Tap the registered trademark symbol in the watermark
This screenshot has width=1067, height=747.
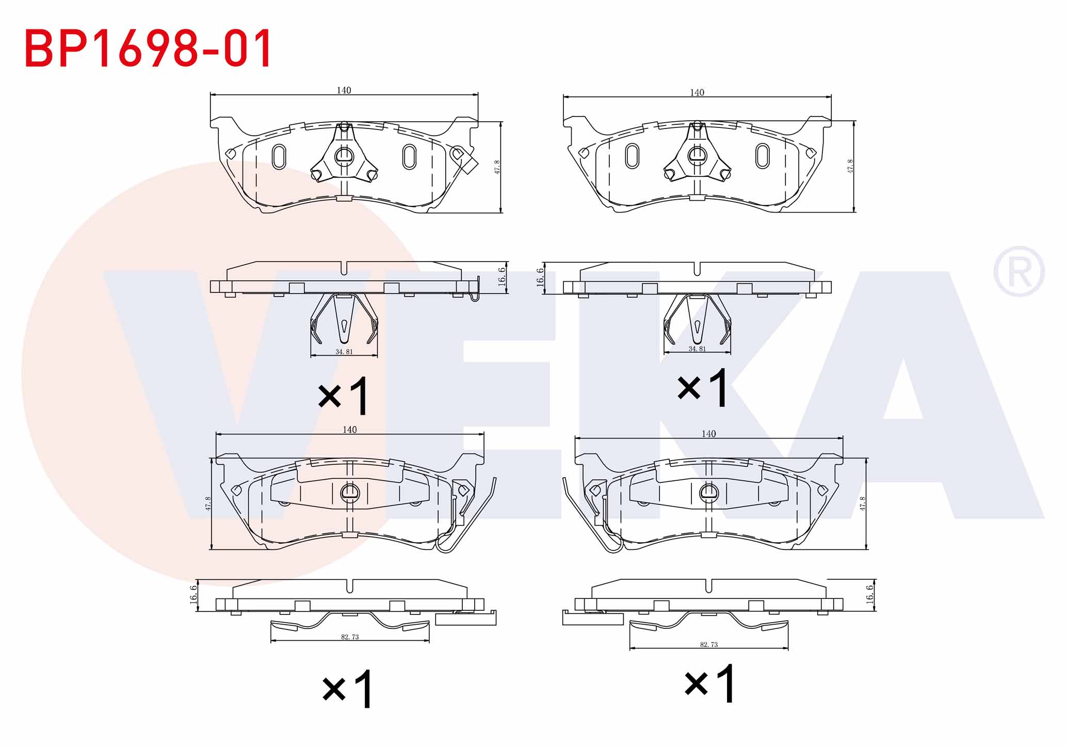click(1019, 271)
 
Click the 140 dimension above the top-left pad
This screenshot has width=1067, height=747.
click(344, 90)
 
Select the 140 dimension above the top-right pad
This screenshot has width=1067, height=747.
click(697, 92)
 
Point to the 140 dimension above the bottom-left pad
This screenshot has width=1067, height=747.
click(349, 430)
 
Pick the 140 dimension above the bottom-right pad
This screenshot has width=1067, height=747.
click(708, 434)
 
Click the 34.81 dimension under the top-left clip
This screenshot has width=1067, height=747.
click(344, 352)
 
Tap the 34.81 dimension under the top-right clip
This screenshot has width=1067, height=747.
click(697, 349)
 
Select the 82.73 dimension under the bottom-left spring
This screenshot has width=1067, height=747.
click(350, 637)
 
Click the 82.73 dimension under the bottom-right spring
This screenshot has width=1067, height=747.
click(709, 644)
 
